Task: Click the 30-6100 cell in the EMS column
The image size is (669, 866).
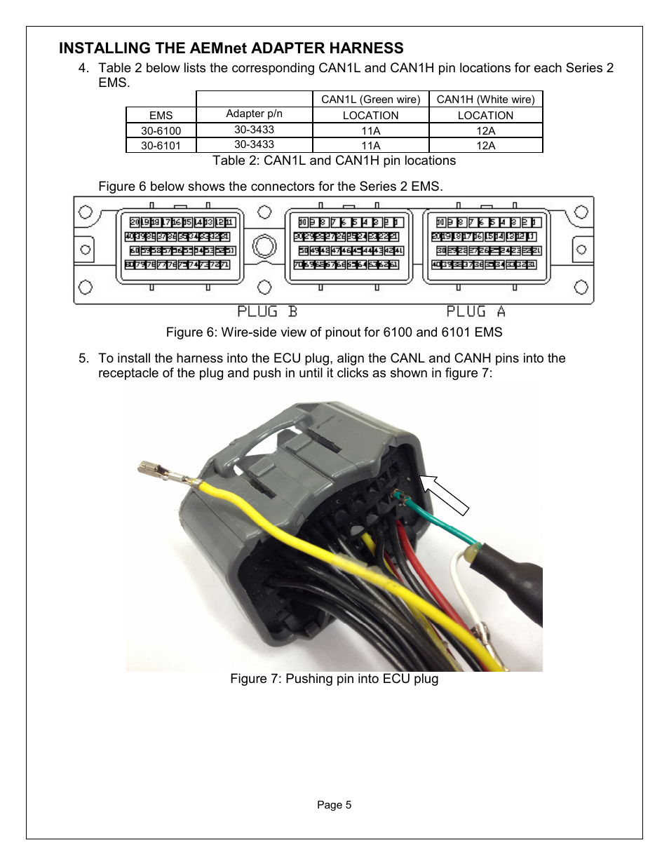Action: (x=161, y=130)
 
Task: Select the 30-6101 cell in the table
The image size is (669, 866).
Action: (x=161, y=145)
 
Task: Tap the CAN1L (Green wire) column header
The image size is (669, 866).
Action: (x=370, y=100)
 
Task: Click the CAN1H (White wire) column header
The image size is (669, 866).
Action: (x=485, y=100)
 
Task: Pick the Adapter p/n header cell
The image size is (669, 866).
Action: (x=254, y=114)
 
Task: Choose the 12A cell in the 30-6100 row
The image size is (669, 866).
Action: (x=485, y=130)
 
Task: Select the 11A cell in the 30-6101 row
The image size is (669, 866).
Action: (x=370, y=145)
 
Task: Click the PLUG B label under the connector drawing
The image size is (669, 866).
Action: (x=267, y=311)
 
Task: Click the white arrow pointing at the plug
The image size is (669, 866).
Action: (x=443, y=495)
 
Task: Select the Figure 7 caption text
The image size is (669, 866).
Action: (x=334, y=679)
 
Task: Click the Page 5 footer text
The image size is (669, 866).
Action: (x=334, y=805)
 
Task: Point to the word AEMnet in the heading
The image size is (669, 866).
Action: (x=218, y=48)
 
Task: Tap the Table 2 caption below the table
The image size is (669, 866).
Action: (x=334, y=161)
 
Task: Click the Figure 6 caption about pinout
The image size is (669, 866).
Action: (x=334, y=332)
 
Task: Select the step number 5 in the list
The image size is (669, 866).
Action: (x=83, y=358)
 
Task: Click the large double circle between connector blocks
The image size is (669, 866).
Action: (x=264, y=247)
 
